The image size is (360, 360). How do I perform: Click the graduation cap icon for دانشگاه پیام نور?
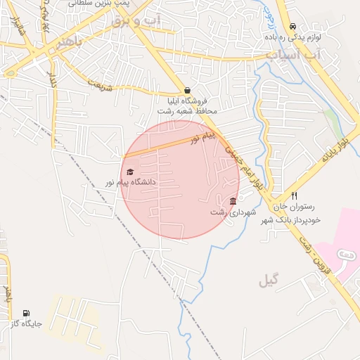tap(129, 172)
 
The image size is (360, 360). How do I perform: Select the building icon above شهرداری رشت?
tap(233, 202)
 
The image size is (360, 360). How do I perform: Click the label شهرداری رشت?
tap(233, 212)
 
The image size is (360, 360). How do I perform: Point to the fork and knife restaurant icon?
tap(295, 196)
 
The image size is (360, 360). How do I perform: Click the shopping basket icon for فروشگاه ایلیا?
tap(187, 91)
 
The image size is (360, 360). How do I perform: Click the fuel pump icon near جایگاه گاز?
tap(27, 314)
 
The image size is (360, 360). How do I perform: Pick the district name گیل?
tap(268, 281)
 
